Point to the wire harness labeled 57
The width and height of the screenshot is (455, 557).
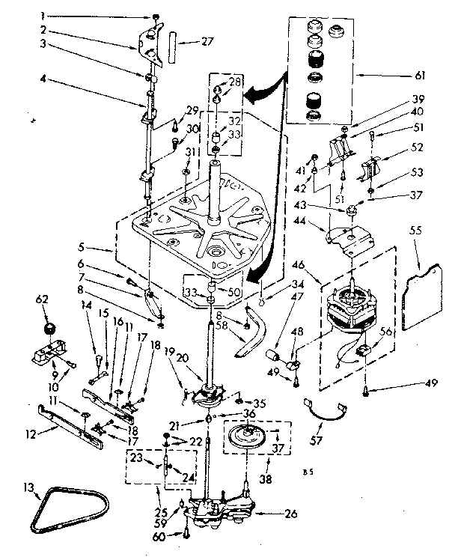[326, 410]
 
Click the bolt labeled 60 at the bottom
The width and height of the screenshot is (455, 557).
[184, 533]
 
